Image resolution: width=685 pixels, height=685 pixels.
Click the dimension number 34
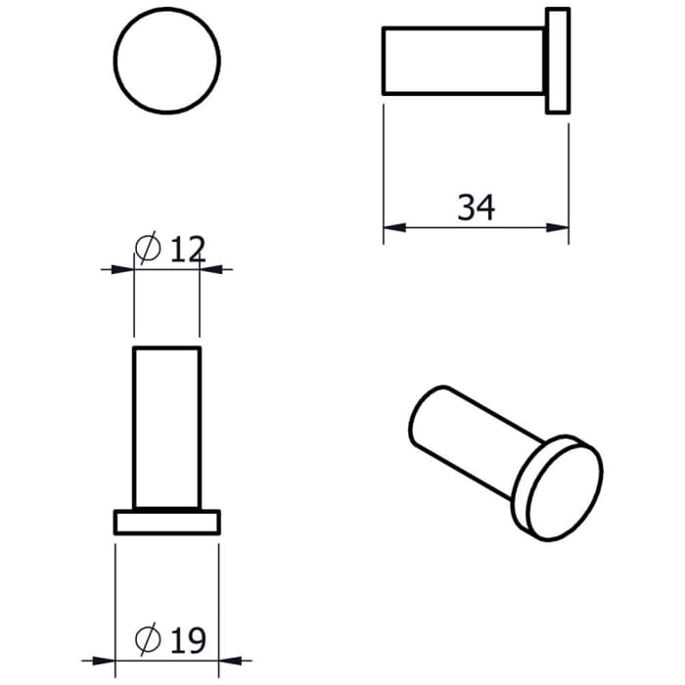[477, 207]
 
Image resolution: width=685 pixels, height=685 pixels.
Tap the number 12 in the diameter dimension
[187, 250]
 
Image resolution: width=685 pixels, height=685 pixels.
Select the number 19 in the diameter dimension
[187, 641]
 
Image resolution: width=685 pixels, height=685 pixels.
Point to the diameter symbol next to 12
[147, 250]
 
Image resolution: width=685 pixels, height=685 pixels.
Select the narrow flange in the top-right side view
[557, 61]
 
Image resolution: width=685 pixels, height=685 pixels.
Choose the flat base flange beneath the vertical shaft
[167, 523]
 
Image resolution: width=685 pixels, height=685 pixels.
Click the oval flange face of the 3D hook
[561, 490]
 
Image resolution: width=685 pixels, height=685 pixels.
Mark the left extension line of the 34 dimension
[384, 166]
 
